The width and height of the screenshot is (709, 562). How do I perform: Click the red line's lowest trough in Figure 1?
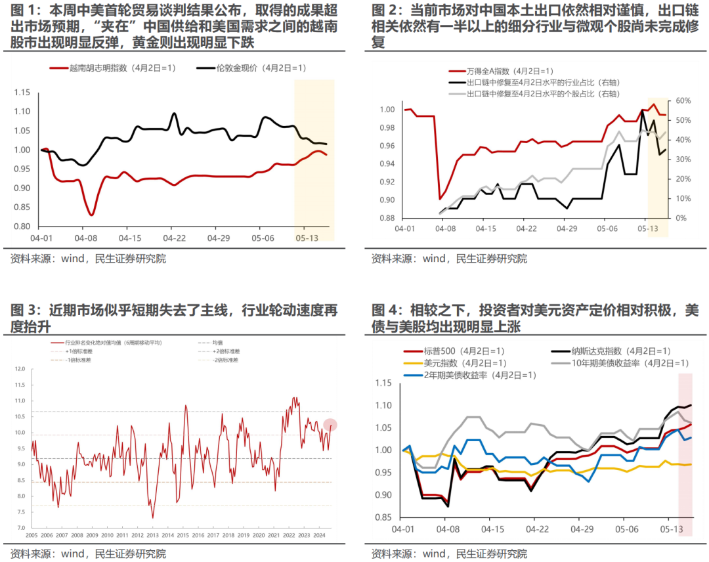[x=91, y=215]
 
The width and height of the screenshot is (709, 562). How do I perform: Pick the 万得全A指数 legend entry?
[x=492, y=71]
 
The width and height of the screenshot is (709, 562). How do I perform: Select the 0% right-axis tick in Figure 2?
[x=679, y=218]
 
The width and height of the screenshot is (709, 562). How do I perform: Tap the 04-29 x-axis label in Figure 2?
[x=566, y=228]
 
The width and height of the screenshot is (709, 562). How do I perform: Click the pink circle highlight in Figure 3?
[x=330, y=425]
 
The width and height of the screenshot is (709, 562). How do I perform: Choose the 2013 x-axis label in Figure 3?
[x=153, y=534]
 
